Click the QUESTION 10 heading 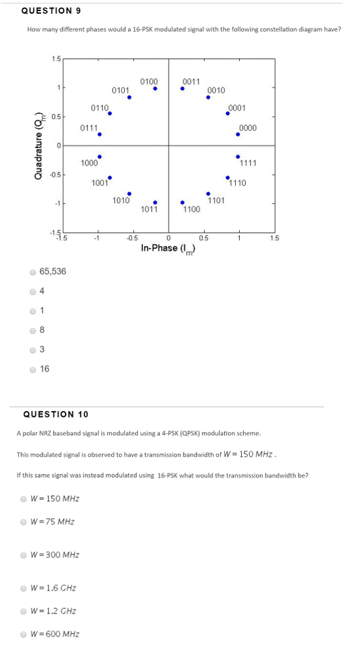56,414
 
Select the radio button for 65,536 32,272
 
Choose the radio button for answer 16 32,369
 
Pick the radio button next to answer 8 32,331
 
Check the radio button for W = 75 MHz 24,522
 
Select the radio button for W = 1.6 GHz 24,588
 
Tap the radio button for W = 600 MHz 24,634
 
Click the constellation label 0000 248,128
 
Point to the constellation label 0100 149,82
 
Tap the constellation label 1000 90,163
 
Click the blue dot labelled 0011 182,89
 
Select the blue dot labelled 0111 99,135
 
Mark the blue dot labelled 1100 182,202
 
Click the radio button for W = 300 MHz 24,555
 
